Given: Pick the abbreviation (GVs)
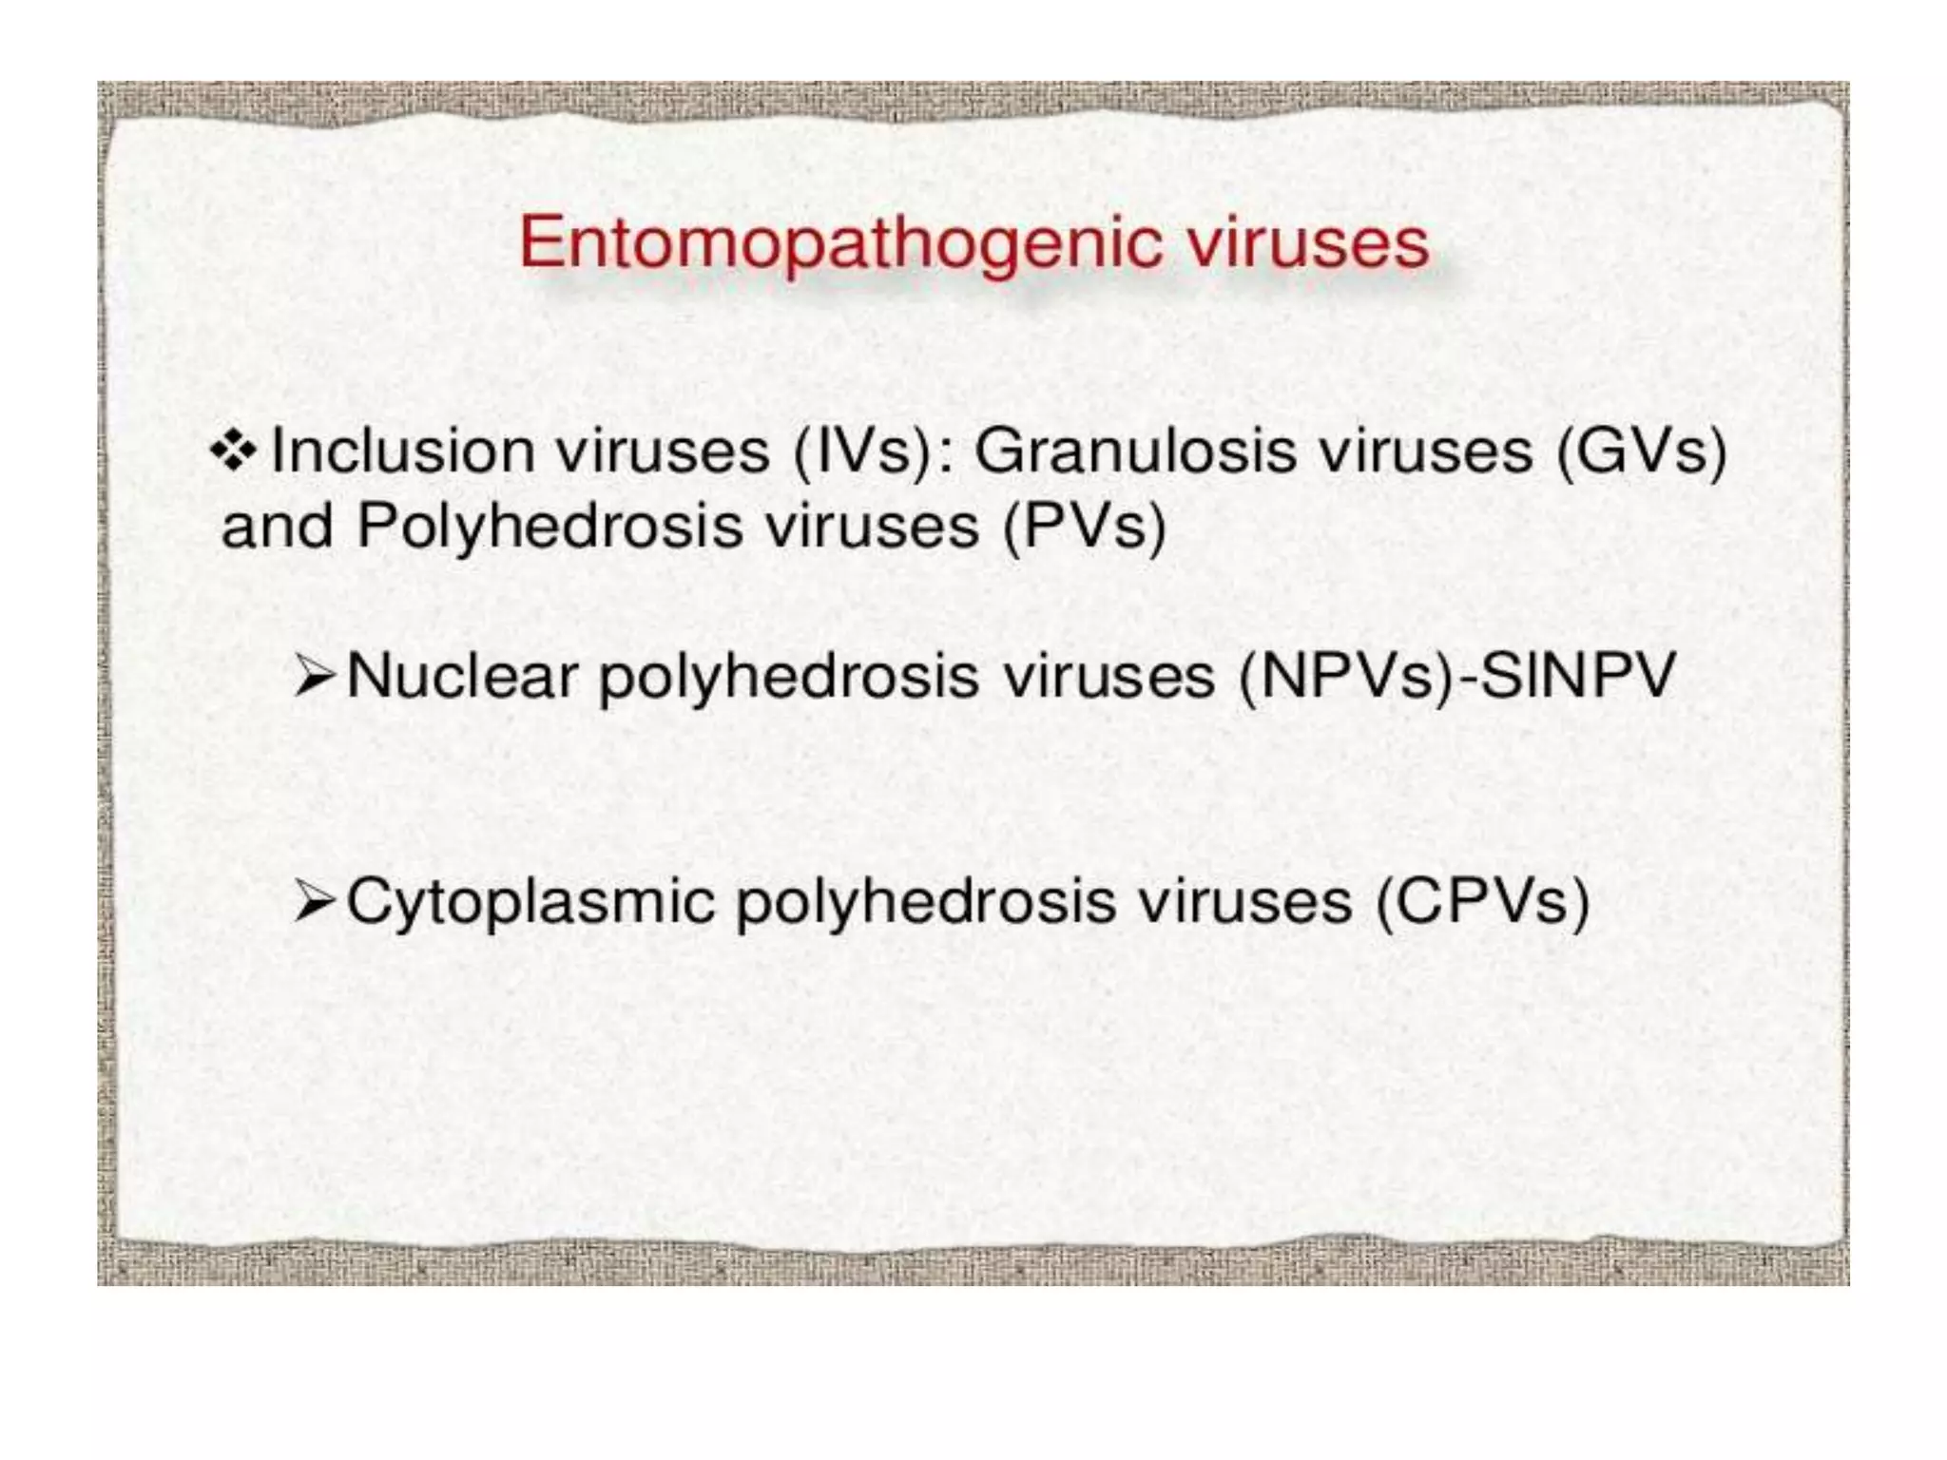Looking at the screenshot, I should point(1641,452).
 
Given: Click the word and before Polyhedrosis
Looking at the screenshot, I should point(277,526).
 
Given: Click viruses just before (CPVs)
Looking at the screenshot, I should point(1245,901).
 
